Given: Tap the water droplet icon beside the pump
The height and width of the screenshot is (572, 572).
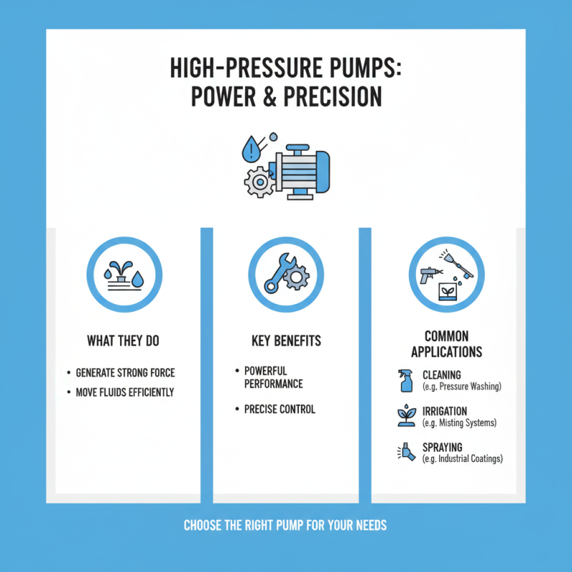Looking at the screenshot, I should tap(252, 149).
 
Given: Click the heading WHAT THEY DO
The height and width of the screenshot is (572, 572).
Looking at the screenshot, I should tap(123, 341).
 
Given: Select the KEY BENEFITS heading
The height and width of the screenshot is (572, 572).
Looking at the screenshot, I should tap(285, 341).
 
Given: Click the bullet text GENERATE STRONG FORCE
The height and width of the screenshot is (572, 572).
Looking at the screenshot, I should tap(125, 373).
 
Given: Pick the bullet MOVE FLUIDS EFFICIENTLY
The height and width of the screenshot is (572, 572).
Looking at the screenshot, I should tap(125, 393).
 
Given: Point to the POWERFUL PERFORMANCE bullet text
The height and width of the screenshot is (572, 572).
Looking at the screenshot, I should tap(274, 378).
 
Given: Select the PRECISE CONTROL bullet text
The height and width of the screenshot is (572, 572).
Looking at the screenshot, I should tap(280, 410).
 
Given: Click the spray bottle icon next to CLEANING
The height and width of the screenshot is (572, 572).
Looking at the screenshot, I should tap(406, 380).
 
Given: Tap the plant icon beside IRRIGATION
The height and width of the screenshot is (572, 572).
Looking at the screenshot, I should tap(406, 416).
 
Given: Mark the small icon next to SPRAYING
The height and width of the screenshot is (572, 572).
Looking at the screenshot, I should tap(406, 452).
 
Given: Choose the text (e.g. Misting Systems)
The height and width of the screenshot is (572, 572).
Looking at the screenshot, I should tap(460, 423).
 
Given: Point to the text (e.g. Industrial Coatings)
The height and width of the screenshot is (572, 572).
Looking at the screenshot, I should tap(463, 458).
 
